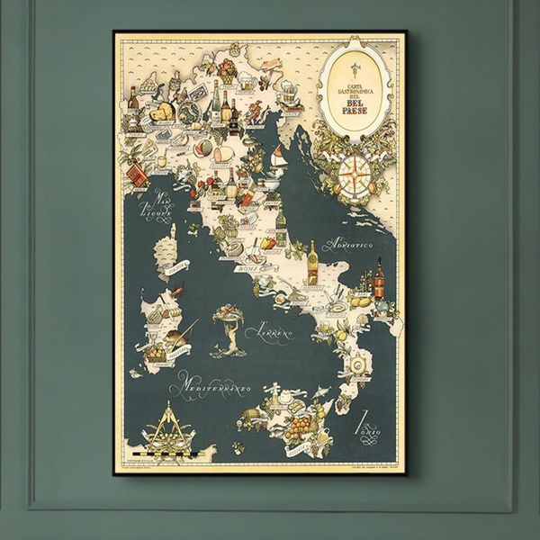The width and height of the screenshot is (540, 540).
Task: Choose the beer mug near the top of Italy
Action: tap(285, 88)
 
